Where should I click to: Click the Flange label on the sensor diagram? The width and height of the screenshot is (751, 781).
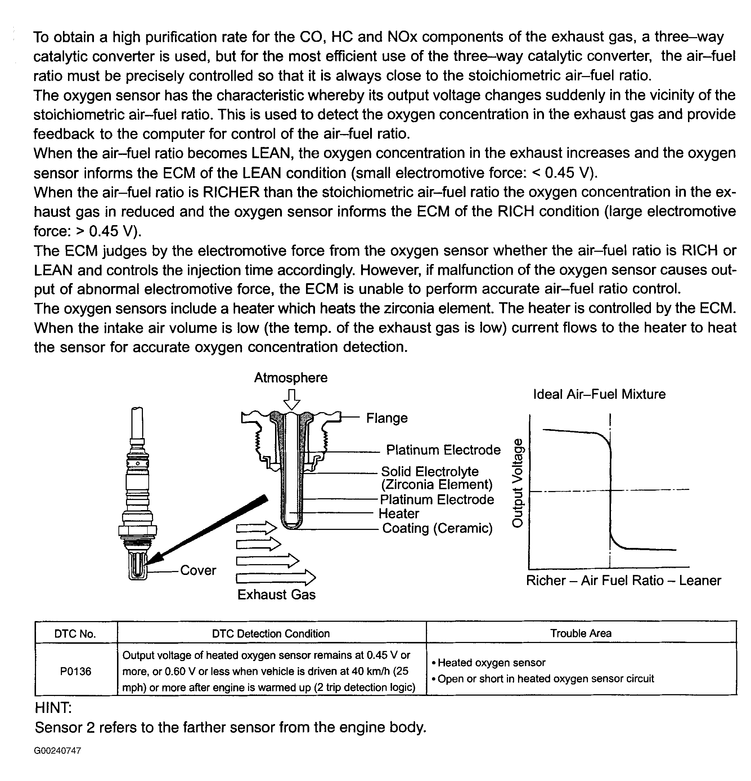pos(387,418)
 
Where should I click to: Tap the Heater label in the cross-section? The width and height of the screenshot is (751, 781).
pos(399,513)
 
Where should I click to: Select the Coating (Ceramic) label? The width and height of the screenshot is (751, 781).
pos(437,528)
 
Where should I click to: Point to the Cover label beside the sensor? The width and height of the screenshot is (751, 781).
pos(198,570)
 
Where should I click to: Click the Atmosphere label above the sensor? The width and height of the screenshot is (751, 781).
pos(291,377)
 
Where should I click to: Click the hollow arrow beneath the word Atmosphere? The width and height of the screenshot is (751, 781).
pos(292,400)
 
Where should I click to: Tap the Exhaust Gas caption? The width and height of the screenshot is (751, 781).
pos(276,594)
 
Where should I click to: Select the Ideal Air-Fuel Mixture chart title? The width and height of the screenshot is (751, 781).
pos(599,394)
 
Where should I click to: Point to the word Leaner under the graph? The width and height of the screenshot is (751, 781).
pos(700,580)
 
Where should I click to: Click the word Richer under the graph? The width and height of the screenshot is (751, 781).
pos(546,580)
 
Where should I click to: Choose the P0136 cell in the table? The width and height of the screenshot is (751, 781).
pos(76,671)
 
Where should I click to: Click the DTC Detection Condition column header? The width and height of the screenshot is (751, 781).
pos(271,634)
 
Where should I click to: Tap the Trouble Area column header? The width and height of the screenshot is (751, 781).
pos(581,633)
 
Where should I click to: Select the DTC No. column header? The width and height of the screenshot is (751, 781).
pos(75,634)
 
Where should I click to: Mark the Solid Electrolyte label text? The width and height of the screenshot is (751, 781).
pos(430,472)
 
